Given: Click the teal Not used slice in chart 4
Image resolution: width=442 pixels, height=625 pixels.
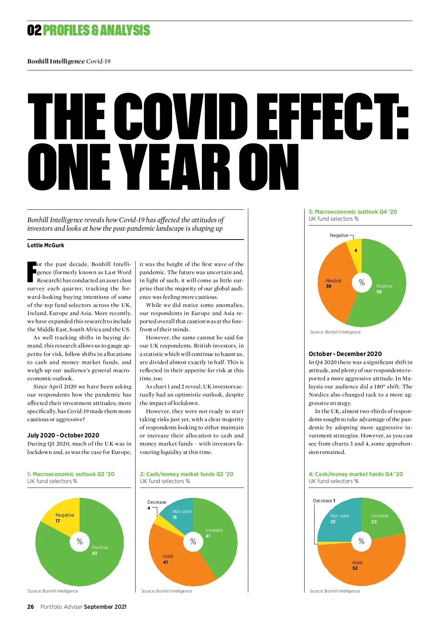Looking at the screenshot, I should [x=337, y=520].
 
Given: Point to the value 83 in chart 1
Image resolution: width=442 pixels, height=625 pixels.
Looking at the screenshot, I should [x=95, y=554].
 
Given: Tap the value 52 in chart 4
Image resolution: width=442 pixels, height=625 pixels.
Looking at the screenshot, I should [x=355, y=568].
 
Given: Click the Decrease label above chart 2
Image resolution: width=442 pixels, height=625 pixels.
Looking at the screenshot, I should [x=157, y=502].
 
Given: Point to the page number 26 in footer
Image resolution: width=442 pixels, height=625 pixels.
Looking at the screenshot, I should [x=31, y=607].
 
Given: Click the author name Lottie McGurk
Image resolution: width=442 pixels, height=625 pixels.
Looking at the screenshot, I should [x=46, y=245].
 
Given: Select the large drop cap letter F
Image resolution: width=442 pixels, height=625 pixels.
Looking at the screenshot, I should [x=32, y=272].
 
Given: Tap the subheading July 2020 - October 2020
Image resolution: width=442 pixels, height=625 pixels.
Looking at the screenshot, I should [x=63, y=435].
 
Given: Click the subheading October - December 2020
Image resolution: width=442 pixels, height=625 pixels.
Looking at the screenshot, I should [x=345, y=354].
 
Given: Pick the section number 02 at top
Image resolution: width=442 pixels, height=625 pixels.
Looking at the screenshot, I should [x=34, y=31].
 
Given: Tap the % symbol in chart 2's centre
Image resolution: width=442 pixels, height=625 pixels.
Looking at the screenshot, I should [x=193, y=541].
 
